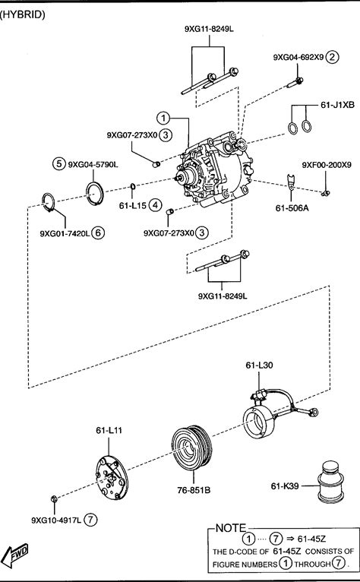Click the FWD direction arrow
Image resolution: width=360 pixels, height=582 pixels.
coord(14,555)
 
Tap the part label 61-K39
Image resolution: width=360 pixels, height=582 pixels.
coord(285,486)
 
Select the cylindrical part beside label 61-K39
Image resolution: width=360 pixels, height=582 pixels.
coord(330,482)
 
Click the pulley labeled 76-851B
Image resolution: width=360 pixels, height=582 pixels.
coord(192,447)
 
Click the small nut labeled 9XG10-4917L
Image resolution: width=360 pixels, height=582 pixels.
coord(54,499)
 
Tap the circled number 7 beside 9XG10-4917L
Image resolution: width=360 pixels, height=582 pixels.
coord(90,520)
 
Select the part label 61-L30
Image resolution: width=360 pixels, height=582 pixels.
coord(259,365)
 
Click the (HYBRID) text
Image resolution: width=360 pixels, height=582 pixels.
coord(22,15)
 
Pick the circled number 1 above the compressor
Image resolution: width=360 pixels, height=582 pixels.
coord(163,119)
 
